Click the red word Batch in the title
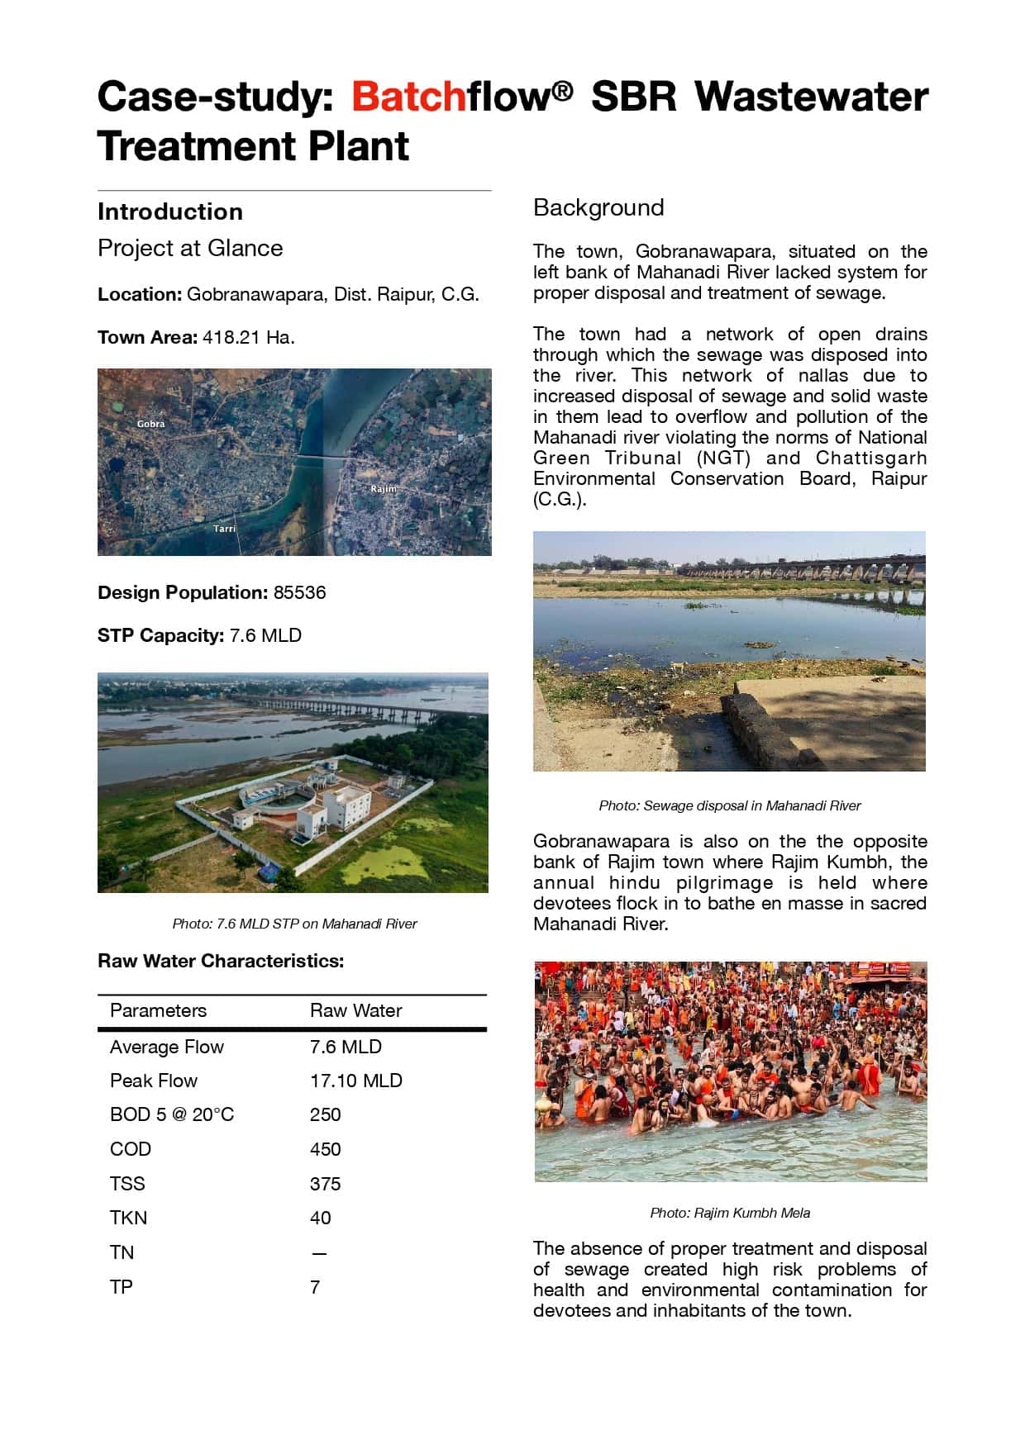tap(408, 97)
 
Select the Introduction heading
tap(170, 211)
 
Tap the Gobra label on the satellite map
tap(150, 424)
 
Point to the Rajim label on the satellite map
tap(384, 489)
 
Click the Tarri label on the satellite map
tap(224, 528)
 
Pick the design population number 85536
tap(299, 592)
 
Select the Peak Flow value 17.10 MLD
tap(355, 1081)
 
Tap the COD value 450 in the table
tap(325, 1149)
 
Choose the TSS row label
tap(127, 1184)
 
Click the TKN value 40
tap(320, 1218)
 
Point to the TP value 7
tap(315, 1287)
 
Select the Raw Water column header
tap(355, 1010)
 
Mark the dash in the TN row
tap(319, 1253)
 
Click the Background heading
tap(598, 207)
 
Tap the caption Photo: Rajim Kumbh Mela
tap(730, 1213)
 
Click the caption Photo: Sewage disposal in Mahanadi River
tap(730, 805)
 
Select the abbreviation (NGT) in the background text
tap(723, 458)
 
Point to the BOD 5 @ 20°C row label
tap(172, 1114)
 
